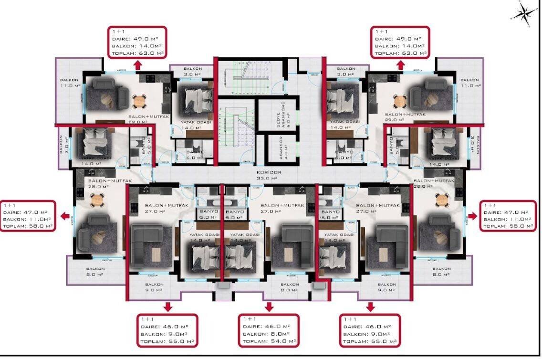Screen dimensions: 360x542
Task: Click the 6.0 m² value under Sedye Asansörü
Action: (289, 114)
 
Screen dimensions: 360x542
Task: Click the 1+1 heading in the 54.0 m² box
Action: (250, 319)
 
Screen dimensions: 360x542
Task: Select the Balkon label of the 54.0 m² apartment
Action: (290, 284)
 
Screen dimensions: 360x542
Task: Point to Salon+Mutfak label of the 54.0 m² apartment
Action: (282, 205)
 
